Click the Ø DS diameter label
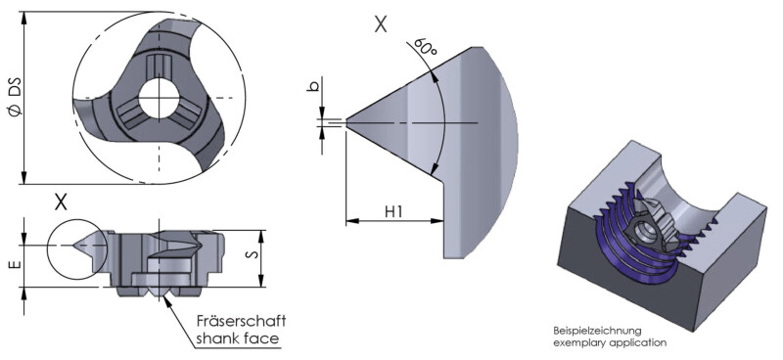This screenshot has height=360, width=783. click(15, 98)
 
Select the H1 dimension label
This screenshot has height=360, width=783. click(394, 211)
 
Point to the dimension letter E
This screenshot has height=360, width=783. click(16, 265)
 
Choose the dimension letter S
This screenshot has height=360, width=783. click(253, 254)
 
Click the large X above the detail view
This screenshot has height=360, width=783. click(381, 23)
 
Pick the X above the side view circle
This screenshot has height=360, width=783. click(61, 202)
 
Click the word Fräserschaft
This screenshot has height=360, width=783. click(241, 320)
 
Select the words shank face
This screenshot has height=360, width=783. click(237, 338)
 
